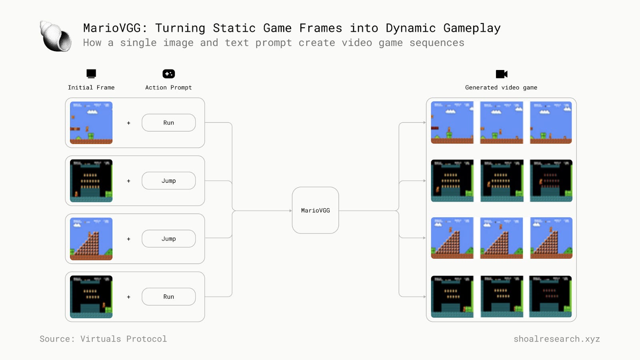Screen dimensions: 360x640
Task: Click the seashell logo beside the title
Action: point(56,36)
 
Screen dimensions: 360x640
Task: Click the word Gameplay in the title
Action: point(472,28)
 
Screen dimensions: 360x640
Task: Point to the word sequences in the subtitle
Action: point(437,43)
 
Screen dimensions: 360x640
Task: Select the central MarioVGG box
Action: point(315,210)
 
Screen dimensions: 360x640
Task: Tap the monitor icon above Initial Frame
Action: point(91,74)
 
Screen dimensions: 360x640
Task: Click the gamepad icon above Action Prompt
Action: point(168,74)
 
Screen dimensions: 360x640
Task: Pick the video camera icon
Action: point(501,74)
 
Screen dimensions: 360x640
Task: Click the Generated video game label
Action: point(501,88)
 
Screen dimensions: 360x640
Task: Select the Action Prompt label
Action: point(168,88)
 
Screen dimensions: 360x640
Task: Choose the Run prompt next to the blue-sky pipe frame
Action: point(168,123)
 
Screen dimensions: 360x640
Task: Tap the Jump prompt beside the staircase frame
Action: point(168,239)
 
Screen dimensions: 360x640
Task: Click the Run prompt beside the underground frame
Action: point(168,297)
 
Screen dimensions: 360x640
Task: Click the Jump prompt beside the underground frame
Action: point(168,181)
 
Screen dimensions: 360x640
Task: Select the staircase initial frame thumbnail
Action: point(91,239)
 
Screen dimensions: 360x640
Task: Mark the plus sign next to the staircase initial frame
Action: point(128,239)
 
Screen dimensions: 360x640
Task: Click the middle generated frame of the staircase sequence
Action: point(501,238)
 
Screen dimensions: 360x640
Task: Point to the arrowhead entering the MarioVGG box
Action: point(290,211)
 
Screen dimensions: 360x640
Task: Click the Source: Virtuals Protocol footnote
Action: point(103,339)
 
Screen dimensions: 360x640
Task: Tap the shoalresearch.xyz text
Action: point(556,339)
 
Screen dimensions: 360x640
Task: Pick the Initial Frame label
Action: point(91,88)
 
